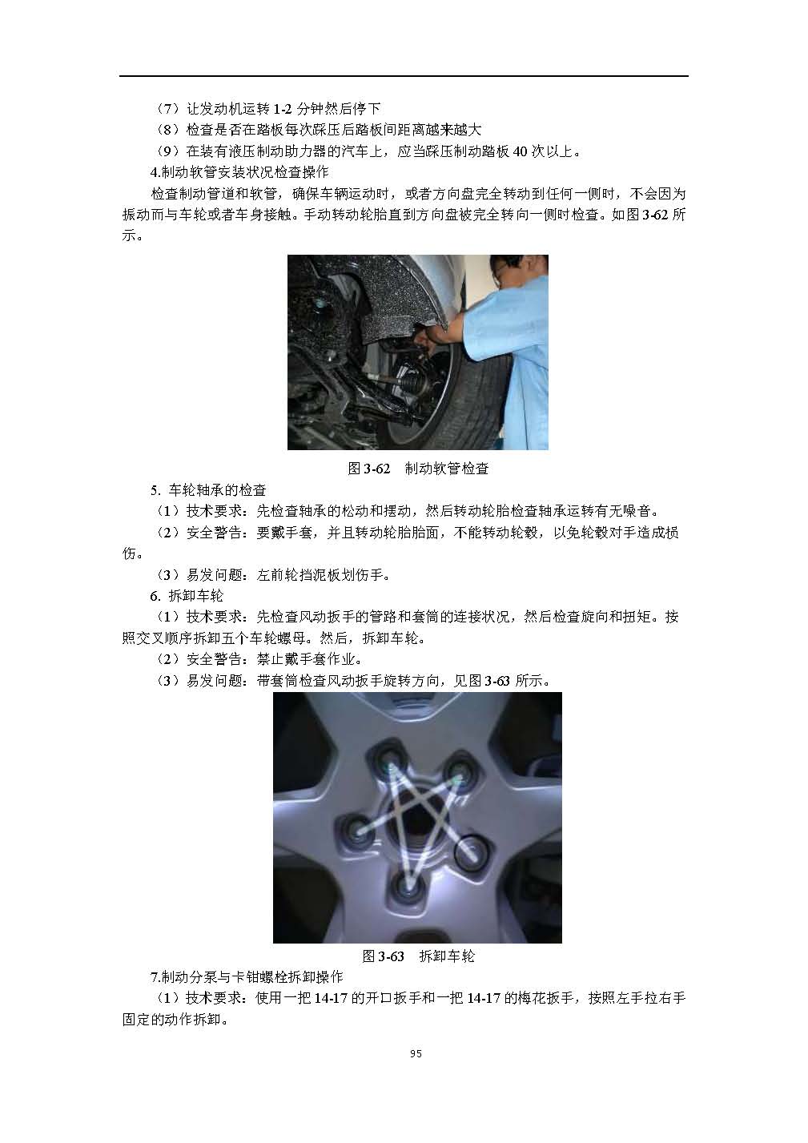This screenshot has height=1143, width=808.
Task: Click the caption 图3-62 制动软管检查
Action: tap(418, 468)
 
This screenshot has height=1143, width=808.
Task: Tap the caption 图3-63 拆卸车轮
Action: tap(418, 956)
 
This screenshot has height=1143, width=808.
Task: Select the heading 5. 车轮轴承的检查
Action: tap(208, 490)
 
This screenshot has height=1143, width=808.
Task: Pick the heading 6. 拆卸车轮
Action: tap(187, 595)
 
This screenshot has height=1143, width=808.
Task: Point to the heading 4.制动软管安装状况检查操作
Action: tap(239, 172)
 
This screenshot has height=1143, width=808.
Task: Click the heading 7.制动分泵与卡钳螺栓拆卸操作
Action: tap(247, 976)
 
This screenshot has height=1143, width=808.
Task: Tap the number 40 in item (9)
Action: tap(520, 151)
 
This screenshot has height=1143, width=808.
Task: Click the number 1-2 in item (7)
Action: tap(283, 109)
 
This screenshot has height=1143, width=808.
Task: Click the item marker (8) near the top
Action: tap(167, 130)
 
